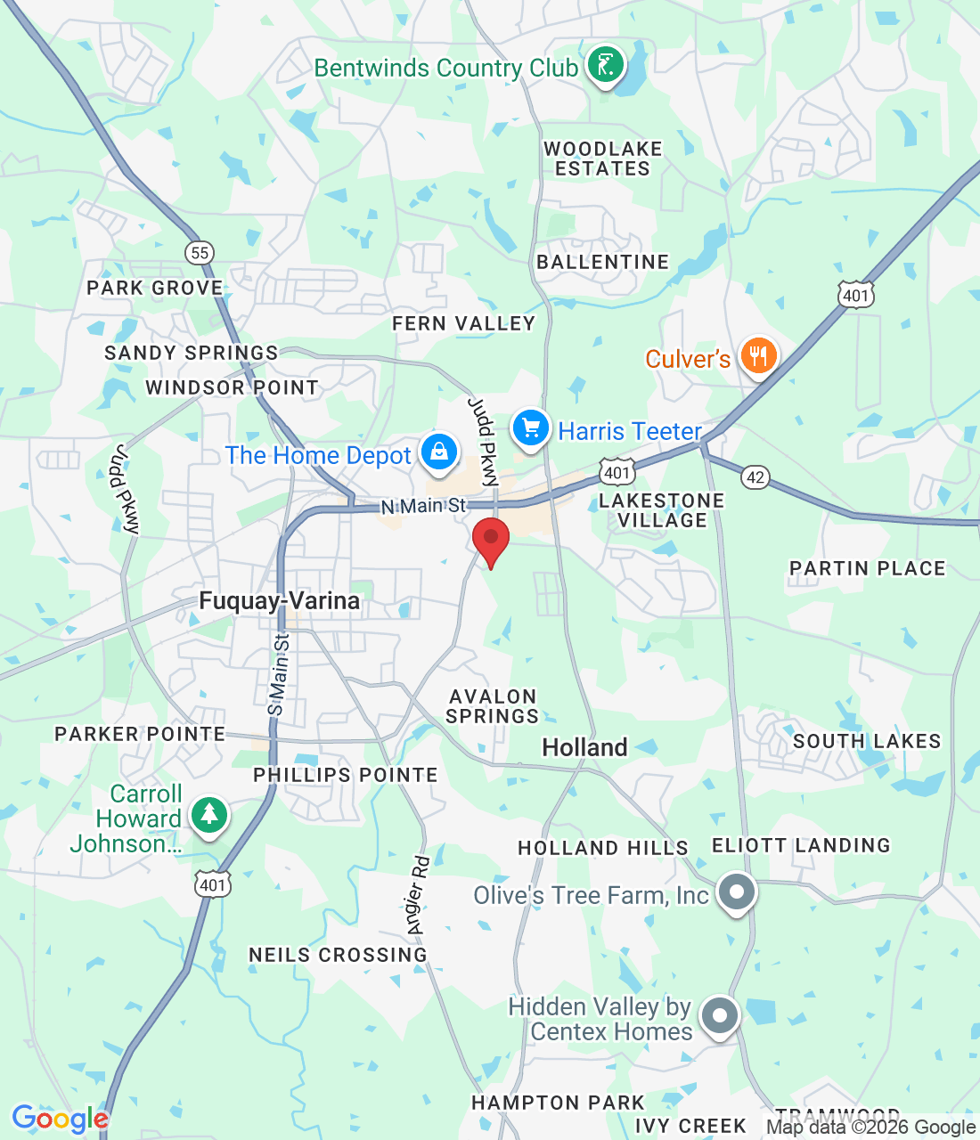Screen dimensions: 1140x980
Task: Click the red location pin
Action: pyautogui.click(x=490, y=540)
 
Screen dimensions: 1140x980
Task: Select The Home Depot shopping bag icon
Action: pyautogui.click(x=438, y=452)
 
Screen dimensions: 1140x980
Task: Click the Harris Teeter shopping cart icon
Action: pyautogui.click(x=531, y=428)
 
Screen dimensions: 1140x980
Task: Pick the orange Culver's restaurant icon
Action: pyautogui.click(x=757, y=357)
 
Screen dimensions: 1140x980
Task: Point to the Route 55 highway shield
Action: pyautogui.click(x=200, y=252)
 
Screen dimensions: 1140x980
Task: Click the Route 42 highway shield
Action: pyautogui.click(x=755, y=477)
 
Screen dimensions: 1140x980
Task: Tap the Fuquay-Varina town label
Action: pyautogui.click(x=280, y=601)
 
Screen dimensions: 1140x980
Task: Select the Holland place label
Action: pyautogui.click(x=584, y=747)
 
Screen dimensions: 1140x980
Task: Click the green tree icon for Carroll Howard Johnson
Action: pyautogui.click(x=208, y=815)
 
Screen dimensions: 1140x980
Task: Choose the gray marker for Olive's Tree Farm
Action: pyautogui.click(x=737, y=892)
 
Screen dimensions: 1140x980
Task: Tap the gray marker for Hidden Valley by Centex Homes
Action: pyautogui.click(x=719, y=1016)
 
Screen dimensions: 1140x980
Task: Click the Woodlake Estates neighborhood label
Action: pyautogui.click(x=603, y=159)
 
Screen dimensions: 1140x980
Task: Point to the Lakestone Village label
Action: pyautogui.click(x=661, y=510)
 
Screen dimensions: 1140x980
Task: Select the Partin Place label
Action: pyautogui.click(x=867, y=568)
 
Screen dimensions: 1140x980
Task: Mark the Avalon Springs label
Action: pyautogui.click(x=493, y=706)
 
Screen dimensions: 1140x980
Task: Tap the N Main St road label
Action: pyautogui.click(x=423, y=506)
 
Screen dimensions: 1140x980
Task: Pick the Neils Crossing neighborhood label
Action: pyautogui.click(x=338, y=955)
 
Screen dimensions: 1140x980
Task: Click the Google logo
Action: pyautogui.click(x=60, y=1119)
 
